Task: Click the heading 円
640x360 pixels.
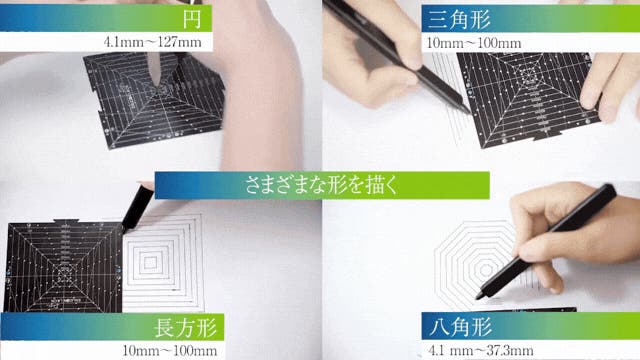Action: [191, 18]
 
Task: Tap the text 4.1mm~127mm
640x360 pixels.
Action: [153, 42]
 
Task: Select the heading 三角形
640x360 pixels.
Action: [459, 19]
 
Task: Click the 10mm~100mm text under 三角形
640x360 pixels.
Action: [474, 43]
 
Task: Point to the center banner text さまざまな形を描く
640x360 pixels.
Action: [322, 185]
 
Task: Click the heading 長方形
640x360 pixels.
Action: [185, 327]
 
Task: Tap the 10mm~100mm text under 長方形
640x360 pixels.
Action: [170, 350]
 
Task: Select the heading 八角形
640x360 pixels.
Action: [460, 327]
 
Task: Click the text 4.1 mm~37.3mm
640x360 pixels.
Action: [481, 350]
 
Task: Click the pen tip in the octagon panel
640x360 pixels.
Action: [478, 298]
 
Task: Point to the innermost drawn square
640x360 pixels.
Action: [150, 263]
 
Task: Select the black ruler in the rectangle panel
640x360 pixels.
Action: [63, 266]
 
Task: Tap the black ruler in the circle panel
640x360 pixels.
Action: [155, 100]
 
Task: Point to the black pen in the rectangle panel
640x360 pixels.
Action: [138, 208]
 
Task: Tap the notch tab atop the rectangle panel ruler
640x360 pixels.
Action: [66, 221]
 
